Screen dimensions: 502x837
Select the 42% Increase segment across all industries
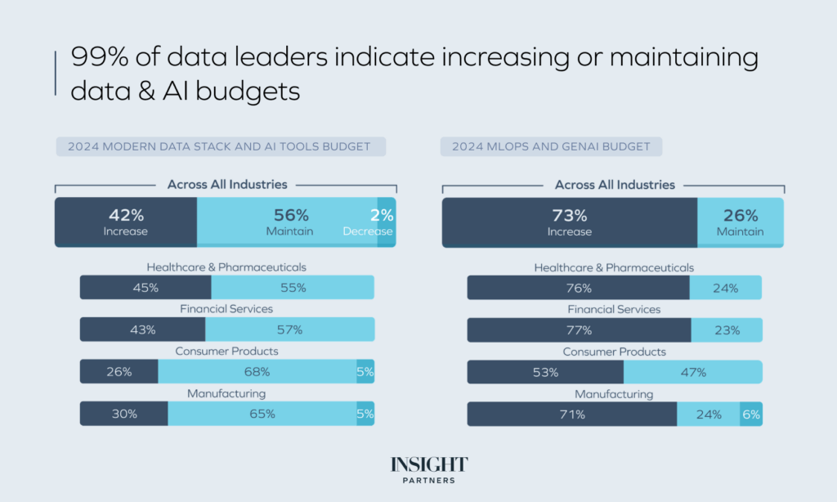[x=126, y=222]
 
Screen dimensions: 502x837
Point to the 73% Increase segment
[x=569, y=222]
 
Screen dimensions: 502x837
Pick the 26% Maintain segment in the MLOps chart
[x=741, y=222]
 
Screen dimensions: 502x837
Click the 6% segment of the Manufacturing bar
[x=750, y=414]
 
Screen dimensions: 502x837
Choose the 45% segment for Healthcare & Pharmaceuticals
[x=145, y=287]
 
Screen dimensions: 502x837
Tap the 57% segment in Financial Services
[x=289, y=329]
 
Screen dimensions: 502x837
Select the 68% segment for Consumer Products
[x=257, y=371]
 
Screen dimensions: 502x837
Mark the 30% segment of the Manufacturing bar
[x=124, y=414]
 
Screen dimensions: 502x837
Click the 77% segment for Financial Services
[x=579, y=329]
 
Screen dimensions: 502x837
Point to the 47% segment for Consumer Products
[x=692, y=372]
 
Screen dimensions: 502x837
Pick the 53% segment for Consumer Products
[x=545, y=372]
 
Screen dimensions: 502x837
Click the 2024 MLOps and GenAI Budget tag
[x=551, y=146]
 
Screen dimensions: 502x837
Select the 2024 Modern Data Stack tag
[x=220, y=146]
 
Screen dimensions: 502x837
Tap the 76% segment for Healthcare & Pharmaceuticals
[x=578, y=287]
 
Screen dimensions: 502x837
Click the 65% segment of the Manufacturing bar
[x=262, y=414]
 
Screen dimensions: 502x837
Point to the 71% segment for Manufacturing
[x=572, y=414]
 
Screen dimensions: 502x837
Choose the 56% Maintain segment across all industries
[x=287, y=222]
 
